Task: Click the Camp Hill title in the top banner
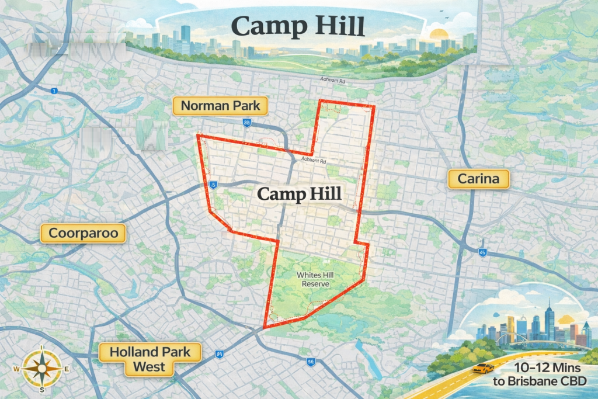point(298,26)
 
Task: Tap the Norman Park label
point(220,106)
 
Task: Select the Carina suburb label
point(479,179)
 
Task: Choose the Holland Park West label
point(149,359)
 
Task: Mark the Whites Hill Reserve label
point(313,279)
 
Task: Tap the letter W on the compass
point(17,369)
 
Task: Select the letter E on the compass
point(66,369)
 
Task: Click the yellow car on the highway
point(483,368)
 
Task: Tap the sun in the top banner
point(437,33)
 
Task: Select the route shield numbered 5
point(214,185)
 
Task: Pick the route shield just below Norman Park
point(246,123)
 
